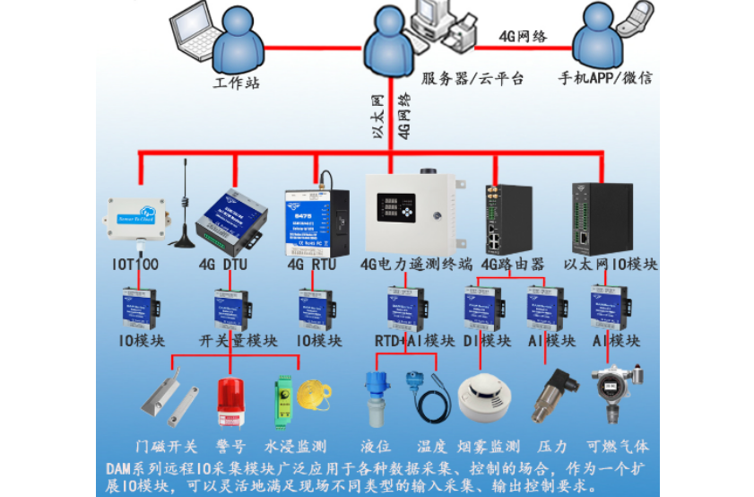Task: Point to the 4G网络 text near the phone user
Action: tap(523, 37)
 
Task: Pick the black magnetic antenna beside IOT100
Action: tap(185, 215)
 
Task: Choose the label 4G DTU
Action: tap(222, 265)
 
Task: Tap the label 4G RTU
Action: tap(312, 265)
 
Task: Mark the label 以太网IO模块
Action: tap(611, 265)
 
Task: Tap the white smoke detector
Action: tap(482, 397)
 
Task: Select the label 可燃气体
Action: tap(617, 447)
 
